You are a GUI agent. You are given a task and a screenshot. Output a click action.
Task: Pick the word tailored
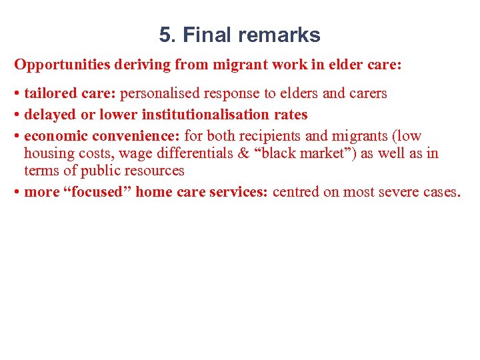53,93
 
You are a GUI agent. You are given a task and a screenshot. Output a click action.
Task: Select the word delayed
51,115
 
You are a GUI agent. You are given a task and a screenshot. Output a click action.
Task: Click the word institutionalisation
200,115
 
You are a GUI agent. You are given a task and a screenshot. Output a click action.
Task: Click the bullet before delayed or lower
17,115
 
